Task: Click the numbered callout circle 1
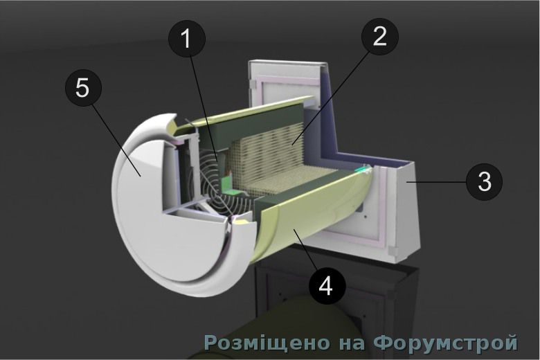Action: [x=187, y=38]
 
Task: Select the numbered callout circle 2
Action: [x=380, y=36]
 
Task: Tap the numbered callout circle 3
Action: [x=484, y=181]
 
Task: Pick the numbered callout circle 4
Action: [x=327, y=285]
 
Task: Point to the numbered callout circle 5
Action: [x=83, y=89]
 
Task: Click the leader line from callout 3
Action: [x=436, y=181]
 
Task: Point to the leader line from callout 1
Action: [x=204, y=109]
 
